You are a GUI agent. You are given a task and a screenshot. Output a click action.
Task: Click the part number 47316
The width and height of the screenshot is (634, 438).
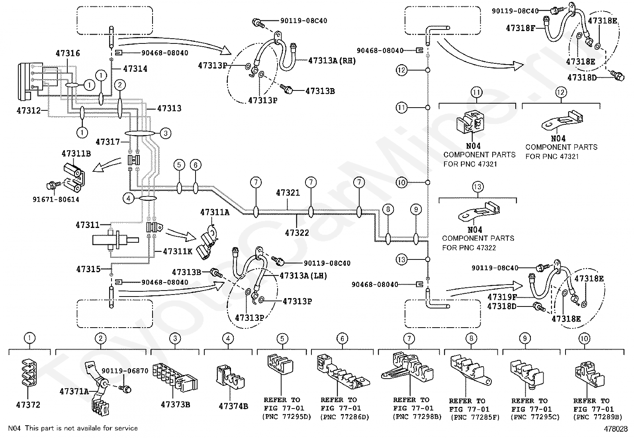(x=68, y=53)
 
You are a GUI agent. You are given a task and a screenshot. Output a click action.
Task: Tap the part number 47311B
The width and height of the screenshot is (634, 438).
(x=76, y=153)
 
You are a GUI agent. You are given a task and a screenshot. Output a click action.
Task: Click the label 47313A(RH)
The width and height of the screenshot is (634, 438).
(x=332, y=61)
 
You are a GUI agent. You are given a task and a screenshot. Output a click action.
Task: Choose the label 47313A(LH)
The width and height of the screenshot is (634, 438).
(x=303, y=275)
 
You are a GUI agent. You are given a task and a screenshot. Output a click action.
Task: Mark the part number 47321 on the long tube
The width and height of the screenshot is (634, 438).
(x=288, y=193)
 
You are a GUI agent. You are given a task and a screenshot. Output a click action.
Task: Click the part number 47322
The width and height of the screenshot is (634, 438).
(x=297, y=232)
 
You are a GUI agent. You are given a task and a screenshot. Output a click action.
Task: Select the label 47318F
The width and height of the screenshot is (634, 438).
(x=520, y=28)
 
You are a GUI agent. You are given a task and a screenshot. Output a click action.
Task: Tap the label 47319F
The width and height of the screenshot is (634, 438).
(x=502, y=297)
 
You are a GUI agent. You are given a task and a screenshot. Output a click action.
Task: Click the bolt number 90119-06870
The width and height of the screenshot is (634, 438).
(x=125, y=371)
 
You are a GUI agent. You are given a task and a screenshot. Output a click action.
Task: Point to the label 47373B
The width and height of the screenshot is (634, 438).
(x=175, y=405)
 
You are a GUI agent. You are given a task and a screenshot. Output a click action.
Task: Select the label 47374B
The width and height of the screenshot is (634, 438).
(x=233, y=406)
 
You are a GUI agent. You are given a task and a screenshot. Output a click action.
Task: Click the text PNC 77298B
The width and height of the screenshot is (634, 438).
(x=417, y=416)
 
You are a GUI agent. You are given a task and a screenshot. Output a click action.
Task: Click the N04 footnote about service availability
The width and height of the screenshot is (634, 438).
(x=73, y=428)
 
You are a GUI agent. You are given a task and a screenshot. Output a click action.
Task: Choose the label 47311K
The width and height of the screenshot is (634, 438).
(x=178, y=251)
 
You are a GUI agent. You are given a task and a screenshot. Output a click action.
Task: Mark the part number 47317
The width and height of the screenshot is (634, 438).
(x=108, y=141)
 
